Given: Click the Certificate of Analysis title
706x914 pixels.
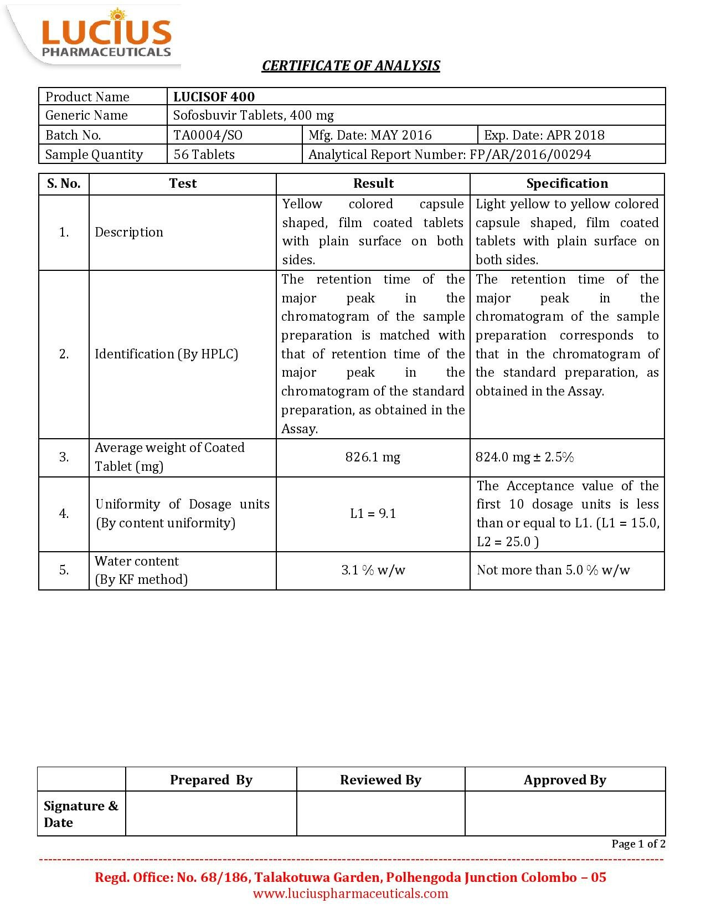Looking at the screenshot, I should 351,66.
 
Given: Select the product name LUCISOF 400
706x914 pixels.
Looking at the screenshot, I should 214,97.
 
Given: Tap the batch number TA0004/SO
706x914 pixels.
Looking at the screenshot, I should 208,135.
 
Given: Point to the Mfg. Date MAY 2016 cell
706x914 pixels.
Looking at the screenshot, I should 370,135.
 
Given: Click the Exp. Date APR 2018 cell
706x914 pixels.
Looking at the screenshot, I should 544,135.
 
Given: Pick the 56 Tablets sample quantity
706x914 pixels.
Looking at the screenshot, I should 204,155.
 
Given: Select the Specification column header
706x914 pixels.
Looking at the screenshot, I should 566,184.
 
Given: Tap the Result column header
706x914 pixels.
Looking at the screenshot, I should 373,184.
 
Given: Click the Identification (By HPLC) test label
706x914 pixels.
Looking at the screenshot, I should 166,354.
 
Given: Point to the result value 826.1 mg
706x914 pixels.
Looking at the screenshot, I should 373,457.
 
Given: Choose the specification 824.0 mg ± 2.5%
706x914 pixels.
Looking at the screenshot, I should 524,457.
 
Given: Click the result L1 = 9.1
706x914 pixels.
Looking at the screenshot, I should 373,514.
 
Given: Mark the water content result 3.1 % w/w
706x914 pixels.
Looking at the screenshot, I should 373,571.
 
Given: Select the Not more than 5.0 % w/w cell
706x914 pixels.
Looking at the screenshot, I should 553,571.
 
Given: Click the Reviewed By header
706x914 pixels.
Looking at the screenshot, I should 380,780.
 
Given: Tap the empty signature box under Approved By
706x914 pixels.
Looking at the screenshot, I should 565,813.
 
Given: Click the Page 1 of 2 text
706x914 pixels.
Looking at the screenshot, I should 638,844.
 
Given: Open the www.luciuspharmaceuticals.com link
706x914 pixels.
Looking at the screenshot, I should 351,894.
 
